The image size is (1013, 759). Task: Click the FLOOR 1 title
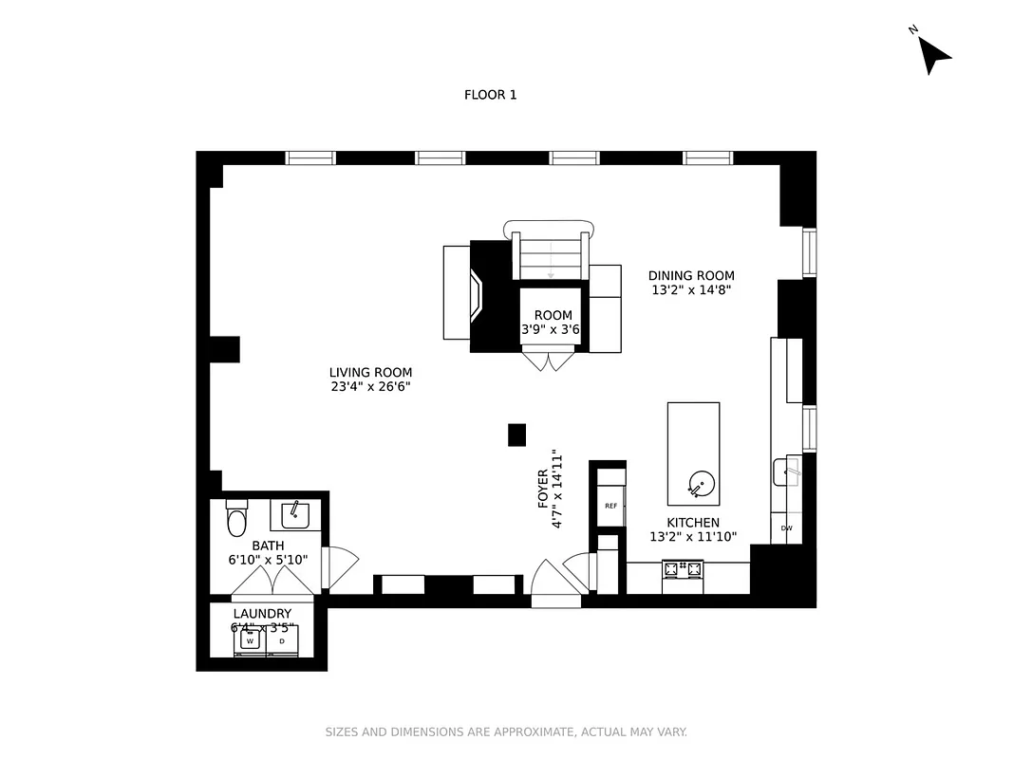coord(490,95)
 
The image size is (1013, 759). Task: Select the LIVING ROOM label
coord(370,373)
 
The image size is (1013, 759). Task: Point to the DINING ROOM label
coord(691,276)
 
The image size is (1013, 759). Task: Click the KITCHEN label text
coord(692,523)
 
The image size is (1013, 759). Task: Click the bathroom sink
coord(294,515)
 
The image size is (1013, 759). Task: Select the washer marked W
coord(250,641)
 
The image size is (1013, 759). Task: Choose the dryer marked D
coord(282,641)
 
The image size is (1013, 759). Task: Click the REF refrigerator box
coord(610,506)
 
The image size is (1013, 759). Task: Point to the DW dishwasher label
coord(786,528)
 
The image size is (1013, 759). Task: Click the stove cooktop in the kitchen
coord(683,570)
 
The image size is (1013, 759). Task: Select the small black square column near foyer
coord(516,435)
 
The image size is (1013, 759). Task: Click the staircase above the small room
coord(551,257)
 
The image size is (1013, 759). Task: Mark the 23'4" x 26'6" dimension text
coord(370,387)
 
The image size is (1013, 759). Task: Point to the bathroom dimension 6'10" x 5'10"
coord(269,561)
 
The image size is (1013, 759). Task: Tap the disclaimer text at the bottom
coord(506,732)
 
